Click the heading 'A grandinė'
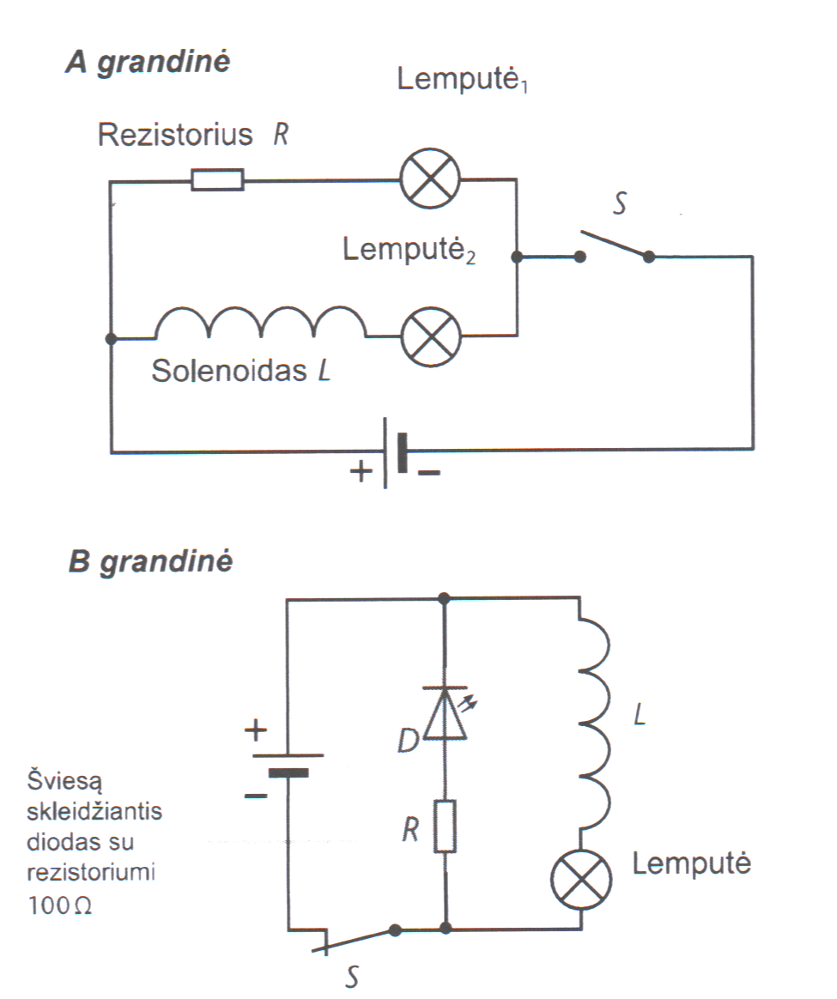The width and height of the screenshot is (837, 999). (148, 65)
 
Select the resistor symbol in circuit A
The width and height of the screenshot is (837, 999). (217, 180)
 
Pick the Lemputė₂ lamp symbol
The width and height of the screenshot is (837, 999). (431, 336)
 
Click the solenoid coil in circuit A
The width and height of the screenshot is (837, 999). (259, 326)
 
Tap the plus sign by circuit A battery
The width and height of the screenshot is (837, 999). (362, 470)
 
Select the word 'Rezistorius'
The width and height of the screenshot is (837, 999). (176, 136)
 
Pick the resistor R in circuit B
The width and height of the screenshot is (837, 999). (445, 826)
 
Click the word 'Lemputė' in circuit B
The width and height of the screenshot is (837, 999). (691, 863)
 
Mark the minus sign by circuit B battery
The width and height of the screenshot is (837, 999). (255, 796)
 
